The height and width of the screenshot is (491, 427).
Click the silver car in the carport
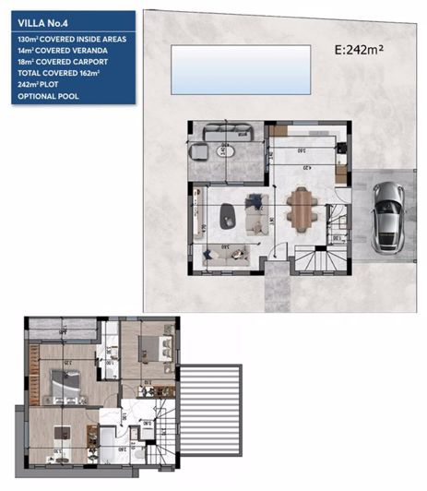[x=387, y=216]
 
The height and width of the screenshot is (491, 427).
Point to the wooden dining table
[x=300, y=209]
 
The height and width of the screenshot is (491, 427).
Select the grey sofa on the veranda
[x=221, y=129]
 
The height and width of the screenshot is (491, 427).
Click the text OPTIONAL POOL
[x=48, y=96]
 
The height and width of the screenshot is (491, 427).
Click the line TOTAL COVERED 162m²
[x=62, y=74]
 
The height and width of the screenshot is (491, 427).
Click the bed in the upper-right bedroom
[x=148, y=348]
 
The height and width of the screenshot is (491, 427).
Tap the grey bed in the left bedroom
[x=63, y=381]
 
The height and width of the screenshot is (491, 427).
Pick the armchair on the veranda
[x=197, y=151]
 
